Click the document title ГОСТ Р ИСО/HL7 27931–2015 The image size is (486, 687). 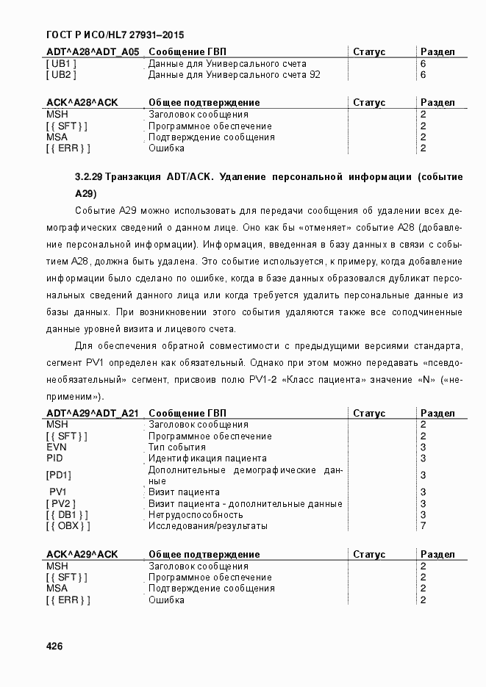pyautogui.click(x=115, y=35)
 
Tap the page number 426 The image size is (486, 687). pyautogui.click(x=54, y=647)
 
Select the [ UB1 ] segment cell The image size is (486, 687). pyautogui.click(x=61, y=64)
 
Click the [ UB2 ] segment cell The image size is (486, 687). pyautogui.click(x=61, y=75)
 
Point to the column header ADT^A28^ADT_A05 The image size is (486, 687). pyautogui.click(x=93, y=52)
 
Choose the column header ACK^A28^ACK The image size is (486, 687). pyautogui.click(x=82, y=103)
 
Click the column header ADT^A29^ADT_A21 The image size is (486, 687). pyautogui.click(x=93, y=414)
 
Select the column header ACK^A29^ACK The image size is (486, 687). pyautogui.click(x=82, y=555)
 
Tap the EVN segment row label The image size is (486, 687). pyautogui.click(x=57, y=447)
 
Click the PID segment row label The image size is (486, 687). pyautogui.click(x=54, y=458)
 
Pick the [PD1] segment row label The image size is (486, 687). pyautogui.click(x=59, y=475)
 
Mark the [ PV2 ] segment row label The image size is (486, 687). pyautogui.click(x=61, y=504)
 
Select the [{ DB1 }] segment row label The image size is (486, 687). pyautogui.click(x=68, y=515)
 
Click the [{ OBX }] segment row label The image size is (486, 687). pyautogui.click(x=68, y=526)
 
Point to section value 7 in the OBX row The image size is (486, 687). pyautogui.click(x=423, y=526)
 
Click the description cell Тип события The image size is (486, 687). pyautogui.click(x=177, y=447)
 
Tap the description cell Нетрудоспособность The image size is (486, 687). pyautogui.click(x=196, y=515)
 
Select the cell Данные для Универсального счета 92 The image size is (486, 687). pyautogui.click(x=234, y=75)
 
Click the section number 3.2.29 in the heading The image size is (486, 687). pyautogui.click(x=89, y=177)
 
